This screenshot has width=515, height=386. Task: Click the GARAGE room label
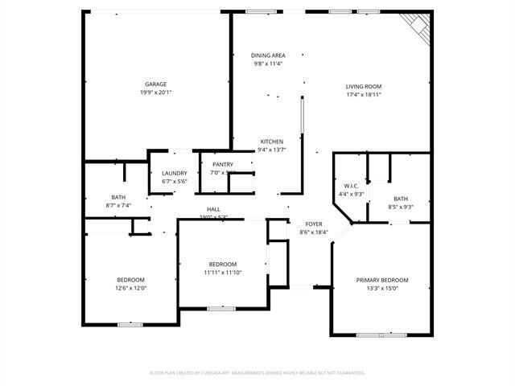click(x=155, y=84)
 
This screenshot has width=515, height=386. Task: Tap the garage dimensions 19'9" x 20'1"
click(x=155, y=92)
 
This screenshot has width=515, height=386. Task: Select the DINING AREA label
click(x=268, y=55)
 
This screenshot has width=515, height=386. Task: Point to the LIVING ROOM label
click(x=363, y=86)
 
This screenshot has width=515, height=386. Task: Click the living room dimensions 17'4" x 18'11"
click(x=363, y=94)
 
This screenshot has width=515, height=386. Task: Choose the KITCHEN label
click(x=271, y=141)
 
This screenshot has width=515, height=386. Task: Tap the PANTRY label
click(x=222, y=164)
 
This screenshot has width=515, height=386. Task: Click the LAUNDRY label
click(x=174, y=173)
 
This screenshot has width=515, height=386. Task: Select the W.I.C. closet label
click(x=350, y=185)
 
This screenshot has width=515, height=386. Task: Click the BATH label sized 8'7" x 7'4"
click(x=118, y=197)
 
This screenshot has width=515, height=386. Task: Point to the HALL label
click(x=213, y=209)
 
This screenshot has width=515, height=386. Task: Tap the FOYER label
click(x=313, y=224)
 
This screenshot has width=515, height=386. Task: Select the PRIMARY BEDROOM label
click(x=382, y=280)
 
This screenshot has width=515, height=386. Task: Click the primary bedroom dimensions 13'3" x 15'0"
click(x=382, y=288)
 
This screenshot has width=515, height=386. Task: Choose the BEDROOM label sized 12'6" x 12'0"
click(x=130, y=280)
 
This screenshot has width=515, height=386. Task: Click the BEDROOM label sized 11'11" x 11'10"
click(x=222, y=265)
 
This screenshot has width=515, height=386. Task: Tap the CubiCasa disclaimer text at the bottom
click(x=257, y=373)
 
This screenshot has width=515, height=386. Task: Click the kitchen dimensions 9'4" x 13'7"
click(x=271, y=149)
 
